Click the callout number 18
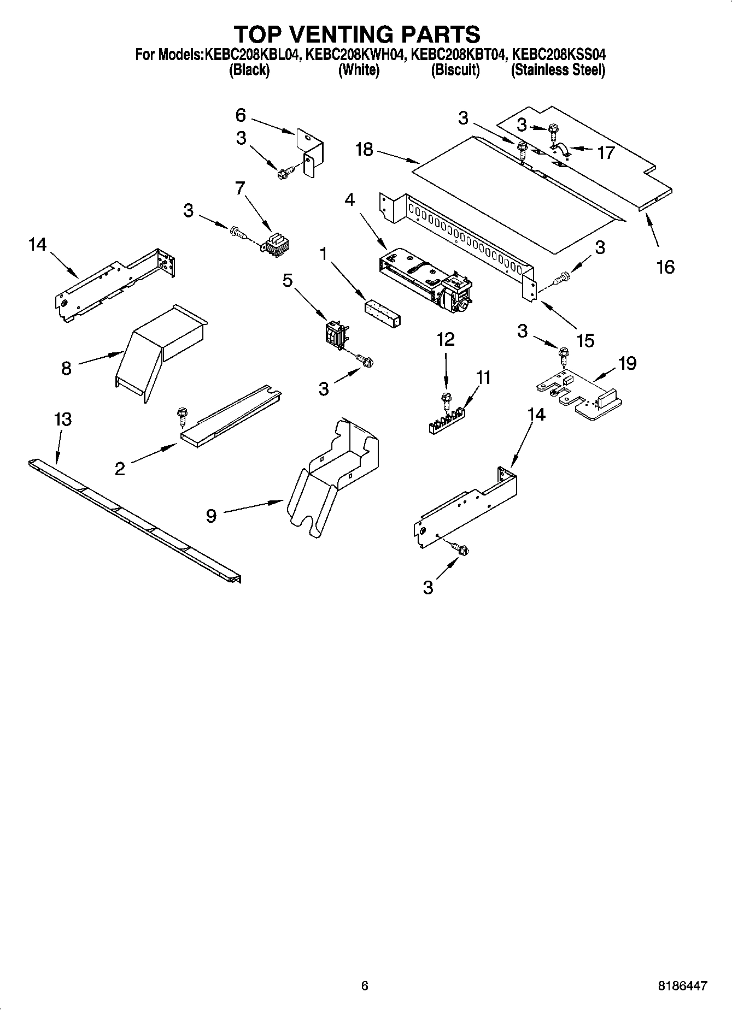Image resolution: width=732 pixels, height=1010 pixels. [364, 150]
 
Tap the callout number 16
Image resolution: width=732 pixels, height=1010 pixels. [665, 267]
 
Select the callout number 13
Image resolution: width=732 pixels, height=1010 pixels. [62, 420]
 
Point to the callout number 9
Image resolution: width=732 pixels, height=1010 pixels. [212, 516]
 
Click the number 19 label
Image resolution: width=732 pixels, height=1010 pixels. [627, 363]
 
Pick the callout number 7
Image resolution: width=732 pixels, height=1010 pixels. [239, 188]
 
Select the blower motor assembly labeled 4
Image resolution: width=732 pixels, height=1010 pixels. [426, 279]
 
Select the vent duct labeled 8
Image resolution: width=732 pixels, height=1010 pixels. [159, 350]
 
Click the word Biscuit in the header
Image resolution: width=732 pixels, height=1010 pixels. [455, 70]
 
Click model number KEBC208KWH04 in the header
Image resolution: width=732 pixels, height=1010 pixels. [355, 55]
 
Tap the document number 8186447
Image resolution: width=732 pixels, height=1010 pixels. [682, 986]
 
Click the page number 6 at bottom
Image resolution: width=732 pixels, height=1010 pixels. [365, 986]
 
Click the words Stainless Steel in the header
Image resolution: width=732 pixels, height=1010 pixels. [558, 70]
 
